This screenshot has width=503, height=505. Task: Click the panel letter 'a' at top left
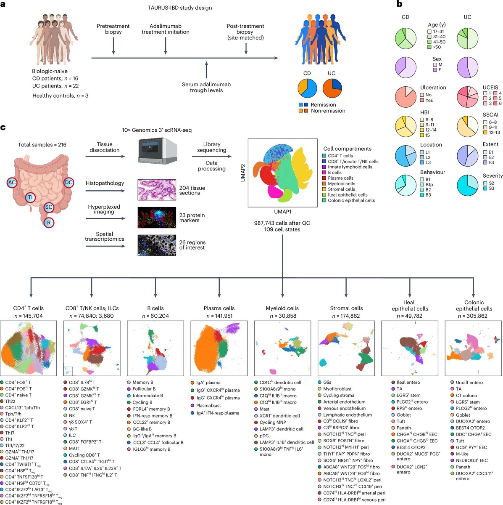(x=3, y=5)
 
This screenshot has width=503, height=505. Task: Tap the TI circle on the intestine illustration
(x=30, y=197)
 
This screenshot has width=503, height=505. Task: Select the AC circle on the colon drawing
(x=12, y=182)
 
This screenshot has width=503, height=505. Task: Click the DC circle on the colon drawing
(x=69, y=182)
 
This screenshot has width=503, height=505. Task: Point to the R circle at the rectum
(x=49, y=223)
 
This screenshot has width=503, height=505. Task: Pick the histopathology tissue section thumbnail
(x=156, y=190)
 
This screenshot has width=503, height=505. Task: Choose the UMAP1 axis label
(x=282, y=212)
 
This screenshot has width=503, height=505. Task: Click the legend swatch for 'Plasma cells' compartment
(x=324, y=178)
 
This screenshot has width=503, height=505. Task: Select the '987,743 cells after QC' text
(x=282, y=223)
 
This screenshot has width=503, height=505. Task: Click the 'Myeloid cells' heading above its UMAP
(x=282, y=308)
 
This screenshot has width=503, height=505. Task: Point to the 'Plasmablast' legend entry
(x=208, y=405)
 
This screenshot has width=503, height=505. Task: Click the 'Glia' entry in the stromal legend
(x=328, y=383)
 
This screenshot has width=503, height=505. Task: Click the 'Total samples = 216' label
(x=42, y=145)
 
